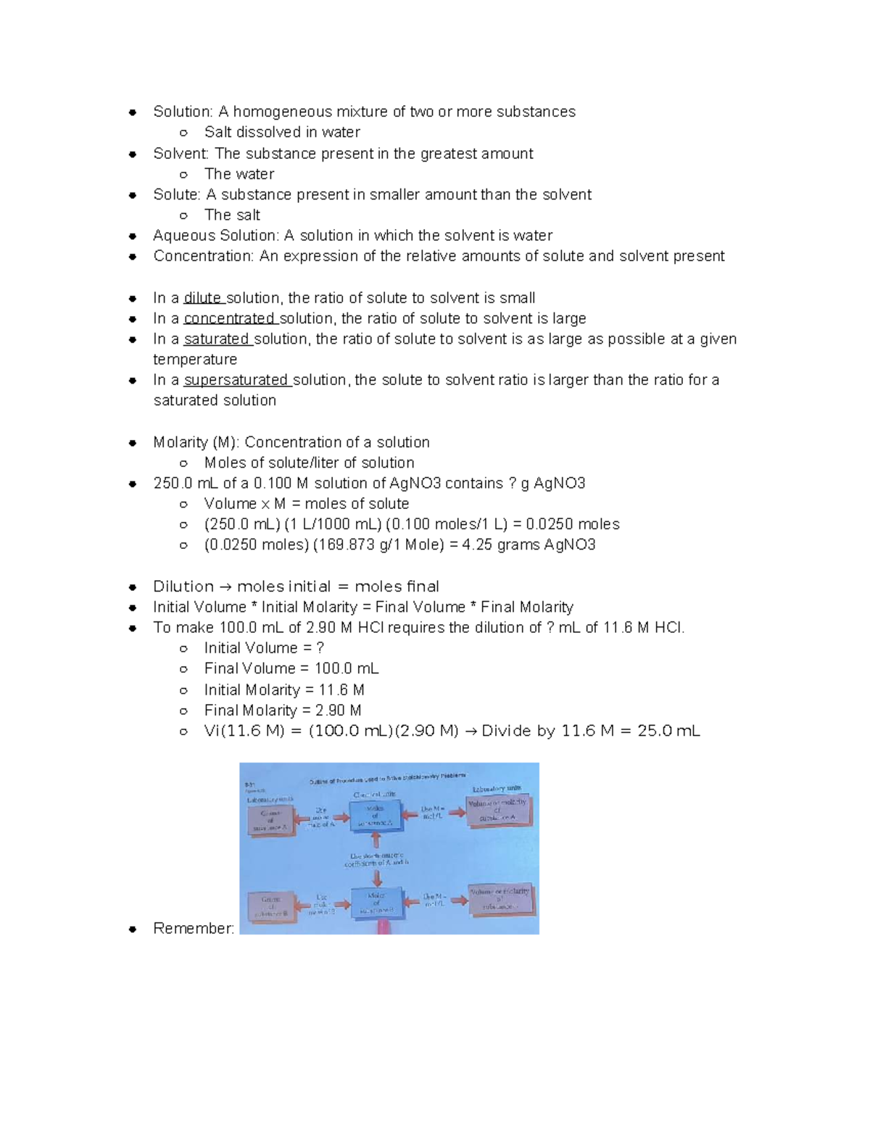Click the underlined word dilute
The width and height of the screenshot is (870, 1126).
pos(202,298)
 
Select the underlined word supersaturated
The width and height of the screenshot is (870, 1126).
pos(236,380)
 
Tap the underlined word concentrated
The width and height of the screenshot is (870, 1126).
pos(229,318)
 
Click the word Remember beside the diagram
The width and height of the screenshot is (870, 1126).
pos(193,928)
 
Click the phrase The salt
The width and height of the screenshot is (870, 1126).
pos(232,215)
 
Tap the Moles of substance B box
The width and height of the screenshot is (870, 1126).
pos(376,902)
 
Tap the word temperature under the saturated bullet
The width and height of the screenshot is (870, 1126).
pos(195,360)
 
